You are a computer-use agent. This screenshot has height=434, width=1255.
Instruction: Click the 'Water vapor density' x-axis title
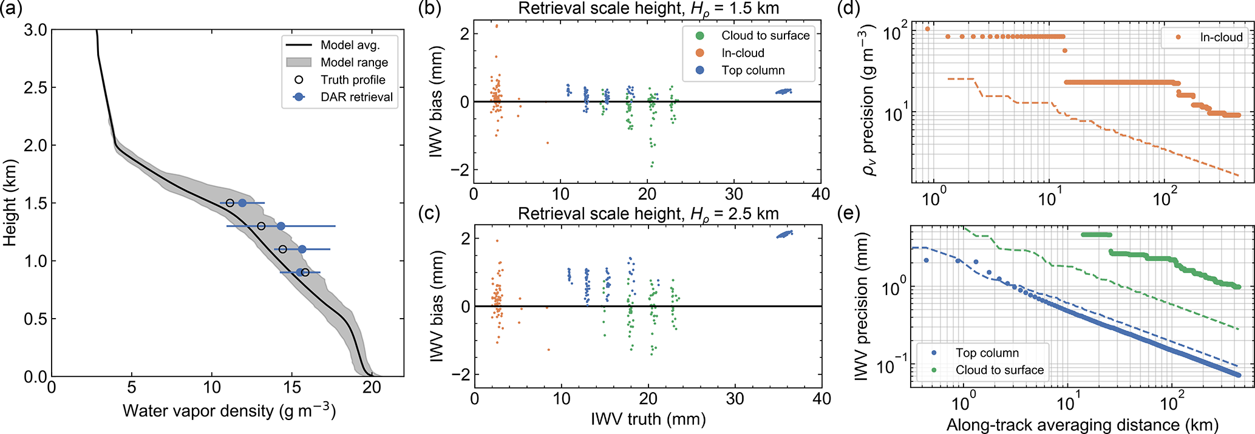tap(229, 411)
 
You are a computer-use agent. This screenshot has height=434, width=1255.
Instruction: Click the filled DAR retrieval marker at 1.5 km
tap(242, 203)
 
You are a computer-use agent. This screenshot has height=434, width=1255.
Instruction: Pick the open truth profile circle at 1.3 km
tap(261, 226)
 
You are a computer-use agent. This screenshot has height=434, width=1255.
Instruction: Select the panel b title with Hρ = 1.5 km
tap(648, 8)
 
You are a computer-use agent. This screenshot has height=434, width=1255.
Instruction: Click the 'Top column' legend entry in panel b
tap(753, 70)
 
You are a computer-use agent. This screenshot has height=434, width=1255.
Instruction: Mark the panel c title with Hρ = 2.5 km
tap(648, 214)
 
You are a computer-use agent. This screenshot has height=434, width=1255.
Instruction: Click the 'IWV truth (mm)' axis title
tap(648, 419)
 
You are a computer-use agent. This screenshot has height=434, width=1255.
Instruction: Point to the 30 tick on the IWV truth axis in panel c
tap(735, 399)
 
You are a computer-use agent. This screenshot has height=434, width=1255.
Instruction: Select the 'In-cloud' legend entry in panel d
tap(1221, 38)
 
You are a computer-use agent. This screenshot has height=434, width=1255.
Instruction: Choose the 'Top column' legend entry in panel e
tap(987, 353)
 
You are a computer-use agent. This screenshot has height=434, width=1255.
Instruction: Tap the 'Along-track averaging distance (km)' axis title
tap(1082, 424)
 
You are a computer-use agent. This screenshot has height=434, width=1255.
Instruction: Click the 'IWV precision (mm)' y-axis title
tap(861, 307)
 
